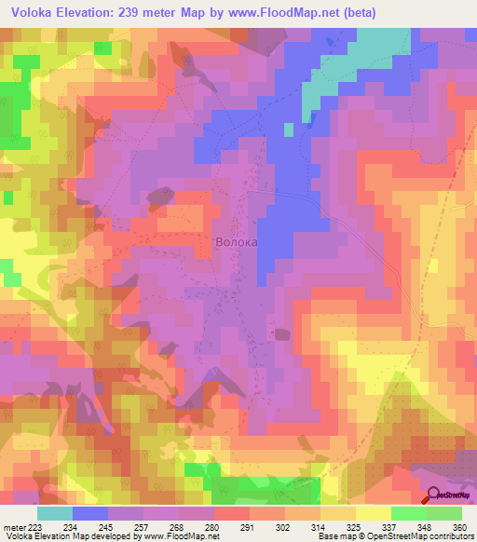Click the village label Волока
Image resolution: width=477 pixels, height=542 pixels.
coord(236,242)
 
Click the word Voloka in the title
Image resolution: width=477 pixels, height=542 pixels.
coord(33,11)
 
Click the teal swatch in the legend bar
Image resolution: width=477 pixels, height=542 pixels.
coord(55,513)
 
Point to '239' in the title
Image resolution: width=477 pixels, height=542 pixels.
coord(148,11)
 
